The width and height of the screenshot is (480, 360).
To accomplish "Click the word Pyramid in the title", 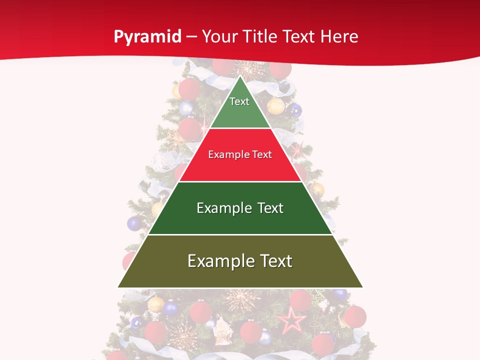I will click(x=147, y=37).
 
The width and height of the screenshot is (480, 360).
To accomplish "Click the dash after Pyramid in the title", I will click(x=191, y=37).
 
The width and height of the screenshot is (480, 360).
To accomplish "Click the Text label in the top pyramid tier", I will click(x=239, y=101).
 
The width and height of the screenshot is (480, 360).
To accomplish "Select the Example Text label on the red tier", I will click(x=240, y=154).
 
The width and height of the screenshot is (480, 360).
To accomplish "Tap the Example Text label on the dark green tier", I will click(x=240, y=208).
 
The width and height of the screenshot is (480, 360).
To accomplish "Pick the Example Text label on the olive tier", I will click(x=240, y=261).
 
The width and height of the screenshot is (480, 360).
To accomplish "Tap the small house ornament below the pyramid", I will click(x=221, y=328).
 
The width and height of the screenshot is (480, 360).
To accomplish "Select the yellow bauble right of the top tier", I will click(x=275, y=106).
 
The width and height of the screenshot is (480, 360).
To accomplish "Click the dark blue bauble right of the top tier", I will click(x=295, y=110).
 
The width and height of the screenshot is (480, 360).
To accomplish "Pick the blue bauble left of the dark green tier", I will click(x=134, y=223).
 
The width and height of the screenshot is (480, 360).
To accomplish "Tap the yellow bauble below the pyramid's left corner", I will click(x=155, y=303).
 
